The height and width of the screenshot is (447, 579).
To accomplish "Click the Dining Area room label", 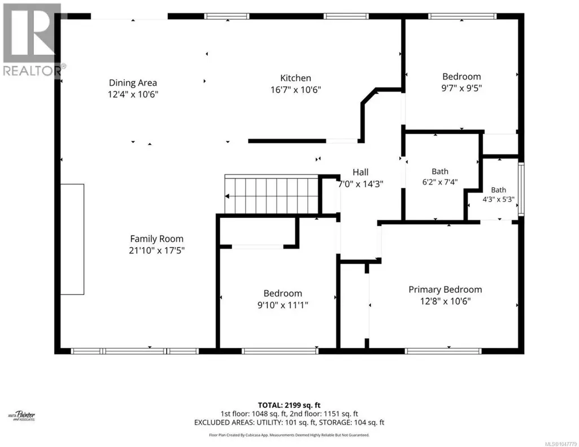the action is click(x=133, y=83).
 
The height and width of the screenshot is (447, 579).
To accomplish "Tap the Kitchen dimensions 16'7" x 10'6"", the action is click(x=296, y=90).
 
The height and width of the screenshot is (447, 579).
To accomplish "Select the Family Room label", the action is click(x=156, y=239).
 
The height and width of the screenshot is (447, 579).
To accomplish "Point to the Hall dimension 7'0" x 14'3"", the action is click(x=361, y=183).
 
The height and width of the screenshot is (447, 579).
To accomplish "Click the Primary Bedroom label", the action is click(x=445, y=290).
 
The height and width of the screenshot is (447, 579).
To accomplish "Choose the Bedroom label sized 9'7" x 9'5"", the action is click(x=462, y=77).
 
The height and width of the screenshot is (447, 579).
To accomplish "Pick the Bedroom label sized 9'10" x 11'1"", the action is click(x=283, y=293).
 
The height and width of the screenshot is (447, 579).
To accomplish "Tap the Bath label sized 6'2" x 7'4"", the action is click(x=440, y=172).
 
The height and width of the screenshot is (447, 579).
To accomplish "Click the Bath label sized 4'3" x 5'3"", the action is click(x=498, y=190).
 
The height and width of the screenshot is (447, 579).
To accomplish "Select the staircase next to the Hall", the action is click(x=272, y=194).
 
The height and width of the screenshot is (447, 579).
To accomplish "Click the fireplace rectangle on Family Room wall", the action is click(x=72, y=239).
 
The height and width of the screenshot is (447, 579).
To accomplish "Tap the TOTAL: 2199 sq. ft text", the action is click(x=289, y=405).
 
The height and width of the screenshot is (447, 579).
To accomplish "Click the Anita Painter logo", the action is click(x=22, y=416).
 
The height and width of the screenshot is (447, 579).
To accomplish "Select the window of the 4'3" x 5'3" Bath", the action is click(x=521, y=189).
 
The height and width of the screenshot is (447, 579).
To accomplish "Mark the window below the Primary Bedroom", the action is click(x=443, y=351).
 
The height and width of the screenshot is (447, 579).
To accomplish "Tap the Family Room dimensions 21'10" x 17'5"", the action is click(x=156, y=251).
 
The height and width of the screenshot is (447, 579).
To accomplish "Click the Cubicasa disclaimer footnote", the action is click(x=289, y=435).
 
